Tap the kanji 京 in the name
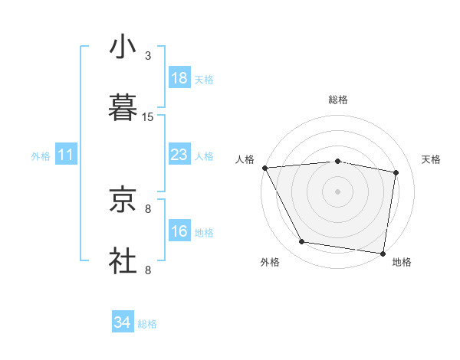123,201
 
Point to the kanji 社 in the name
123,260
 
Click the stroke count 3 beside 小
148,56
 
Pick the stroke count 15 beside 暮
148,117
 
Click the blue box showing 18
179,78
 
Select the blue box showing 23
179,155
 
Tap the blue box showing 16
179,231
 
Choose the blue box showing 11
66,155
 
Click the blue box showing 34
123,323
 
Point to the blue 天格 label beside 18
204,80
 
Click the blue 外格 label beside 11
41,156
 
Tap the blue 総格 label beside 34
147,325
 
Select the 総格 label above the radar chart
338,100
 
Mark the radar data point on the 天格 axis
396,172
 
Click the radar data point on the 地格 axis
383,253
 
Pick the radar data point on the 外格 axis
302,242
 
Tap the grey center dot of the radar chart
338,191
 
